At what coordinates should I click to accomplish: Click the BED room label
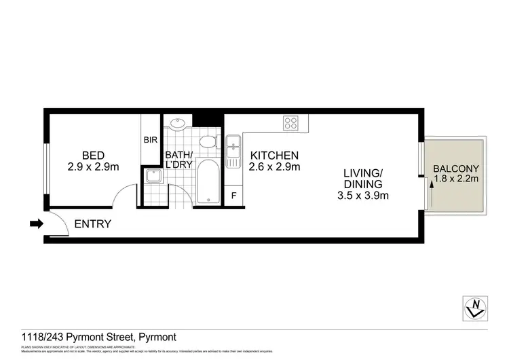click(94, 154)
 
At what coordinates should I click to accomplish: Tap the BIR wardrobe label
click(151, 141)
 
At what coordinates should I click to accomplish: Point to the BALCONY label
click(456, 168)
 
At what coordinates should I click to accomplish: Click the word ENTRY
click(92, 223)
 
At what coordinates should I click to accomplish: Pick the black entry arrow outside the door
click(35, 223)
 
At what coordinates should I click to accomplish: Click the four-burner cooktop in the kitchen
click(291, 123)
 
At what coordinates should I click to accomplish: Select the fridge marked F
click(233, 196)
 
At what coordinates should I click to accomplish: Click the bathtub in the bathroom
click(208, 182)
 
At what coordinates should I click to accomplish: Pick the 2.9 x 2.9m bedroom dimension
click(94, 166)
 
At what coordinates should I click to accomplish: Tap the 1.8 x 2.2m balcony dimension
click(456, 180)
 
